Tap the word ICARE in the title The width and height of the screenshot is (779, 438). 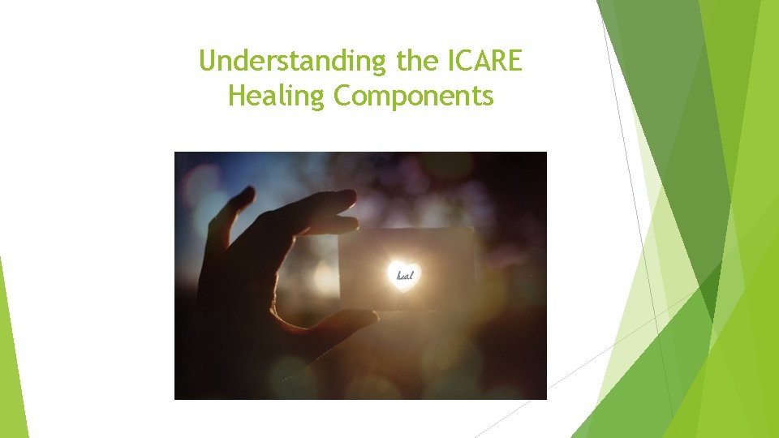[x=485, y=61]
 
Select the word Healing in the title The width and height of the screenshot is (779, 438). [x=278, y=97]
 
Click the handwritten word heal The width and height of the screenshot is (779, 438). [x=404, y=276]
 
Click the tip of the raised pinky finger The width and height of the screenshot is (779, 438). [x=244, y=195]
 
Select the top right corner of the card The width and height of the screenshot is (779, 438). [x=472, y=230]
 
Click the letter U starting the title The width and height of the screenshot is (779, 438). [x=206, y=61]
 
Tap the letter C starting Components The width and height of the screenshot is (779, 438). [x=342, y=97]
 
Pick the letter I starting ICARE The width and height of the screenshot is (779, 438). [x=452, y=61]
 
